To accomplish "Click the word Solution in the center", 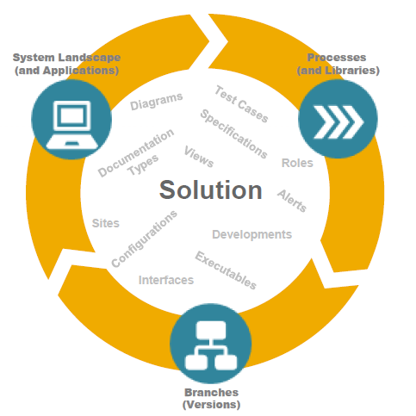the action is (x=211, y=189).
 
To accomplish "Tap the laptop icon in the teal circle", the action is (x=72, y=125).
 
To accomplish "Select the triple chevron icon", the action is (x=338, y=121).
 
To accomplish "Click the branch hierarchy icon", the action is (x=211, y=345).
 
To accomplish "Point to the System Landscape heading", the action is (x=66, y=64).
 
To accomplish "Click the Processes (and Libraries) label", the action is (x=338, y=64).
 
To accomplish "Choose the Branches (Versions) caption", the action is (x=211, y=399).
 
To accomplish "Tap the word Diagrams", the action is (x=157, y=102).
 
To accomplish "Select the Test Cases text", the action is (x=241, y=104).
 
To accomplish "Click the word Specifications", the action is (x=233, y=133).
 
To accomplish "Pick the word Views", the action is (x=199, y=157).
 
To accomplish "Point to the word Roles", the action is (x=297, y=163).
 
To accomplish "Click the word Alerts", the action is (x=292, y=201).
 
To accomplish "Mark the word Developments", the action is (x=251, y=234).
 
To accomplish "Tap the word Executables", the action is (x=226, y=270).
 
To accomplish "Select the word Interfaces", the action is (x=166, y=280).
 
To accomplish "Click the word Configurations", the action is (x=144, y=239).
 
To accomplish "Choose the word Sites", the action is (x=106, y=223).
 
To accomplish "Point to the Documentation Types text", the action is (x=136, y=153).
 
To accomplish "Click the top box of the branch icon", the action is (x=211, y=330).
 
